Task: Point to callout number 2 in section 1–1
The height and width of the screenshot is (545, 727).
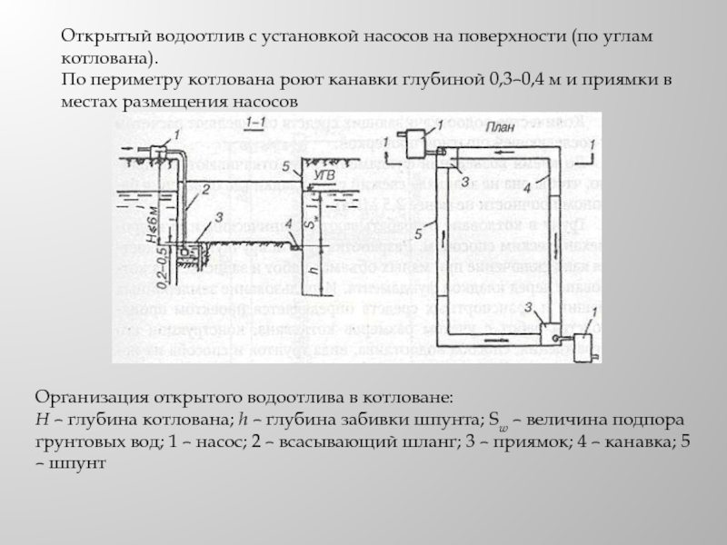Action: [205, 190]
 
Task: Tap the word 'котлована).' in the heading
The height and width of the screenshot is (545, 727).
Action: [102, 58]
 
